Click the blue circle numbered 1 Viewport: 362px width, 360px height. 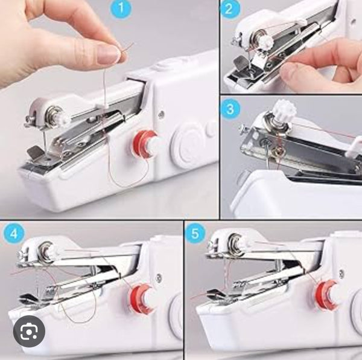point(121,9)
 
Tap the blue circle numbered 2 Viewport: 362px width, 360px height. point(229,9)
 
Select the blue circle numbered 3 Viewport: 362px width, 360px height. point(230,109)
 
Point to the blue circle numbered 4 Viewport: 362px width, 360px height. point(14,234)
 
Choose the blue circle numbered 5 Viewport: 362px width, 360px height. point(195,234)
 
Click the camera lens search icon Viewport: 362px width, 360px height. point(29,332)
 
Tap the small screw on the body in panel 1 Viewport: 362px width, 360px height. point(162,114)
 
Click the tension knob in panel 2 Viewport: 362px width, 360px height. point(267,41)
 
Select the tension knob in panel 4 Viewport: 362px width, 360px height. point(52,250)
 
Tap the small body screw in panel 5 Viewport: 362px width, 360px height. point(340,274)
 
